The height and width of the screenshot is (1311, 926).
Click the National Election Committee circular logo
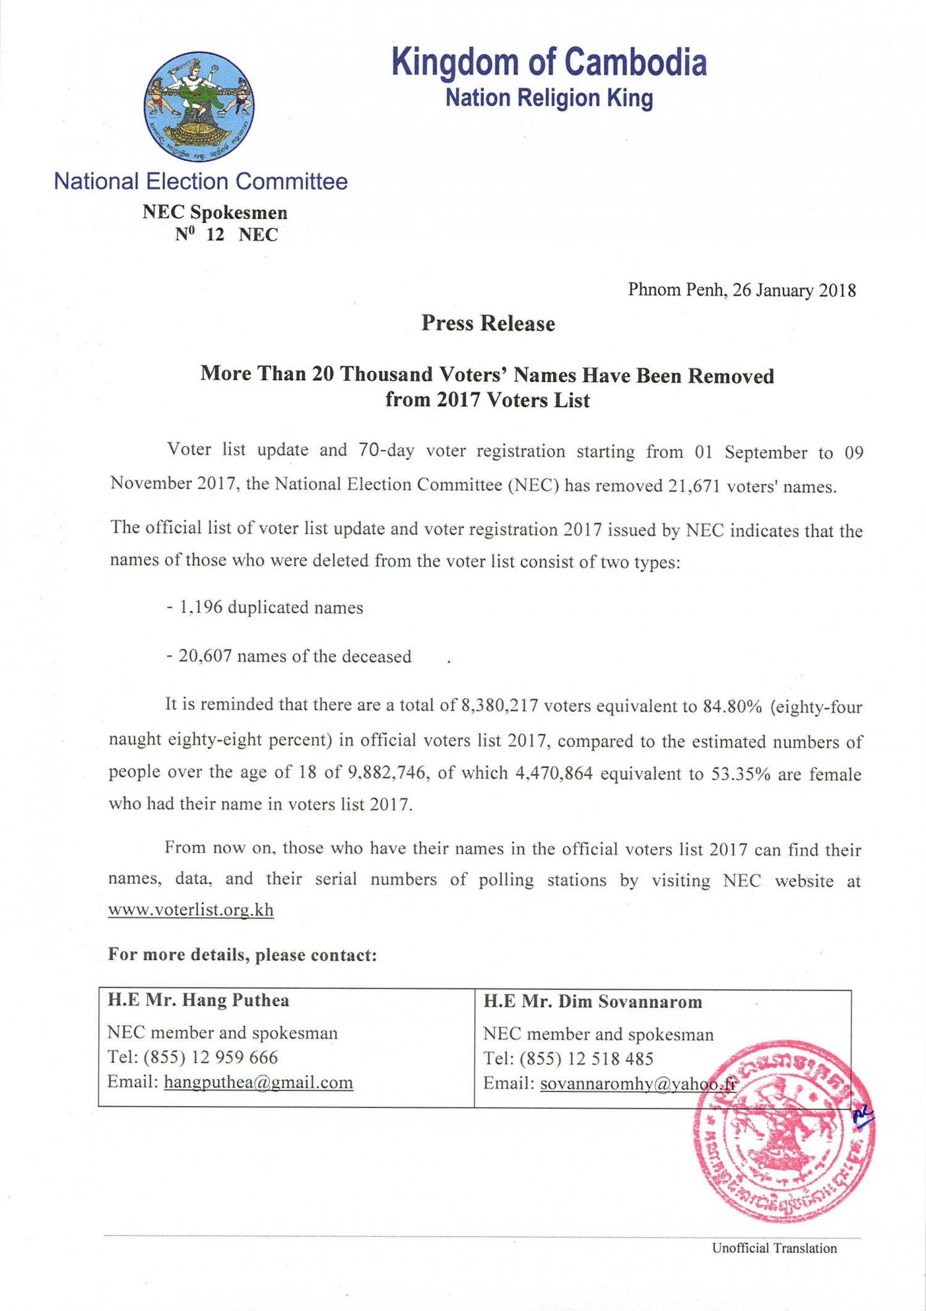(199, 107)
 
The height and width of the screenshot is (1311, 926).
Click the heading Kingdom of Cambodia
(549, 62)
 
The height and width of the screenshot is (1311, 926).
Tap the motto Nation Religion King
(549, 98)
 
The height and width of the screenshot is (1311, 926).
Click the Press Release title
(488, 323)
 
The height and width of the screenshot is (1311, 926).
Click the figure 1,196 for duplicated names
(201, 607)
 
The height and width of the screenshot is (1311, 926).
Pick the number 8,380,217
(499, 705)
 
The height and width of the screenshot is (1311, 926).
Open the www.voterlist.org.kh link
(191, 910)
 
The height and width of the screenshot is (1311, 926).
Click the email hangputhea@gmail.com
(258, 1082)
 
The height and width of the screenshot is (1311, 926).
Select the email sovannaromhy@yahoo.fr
(638, 1084)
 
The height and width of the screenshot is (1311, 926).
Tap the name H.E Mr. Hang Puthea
(198, 1000)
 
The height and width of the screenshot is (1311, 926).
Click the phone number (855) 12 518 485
(586, 1059)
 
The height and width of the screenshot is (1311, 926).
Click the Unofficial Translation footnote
(774, 1248)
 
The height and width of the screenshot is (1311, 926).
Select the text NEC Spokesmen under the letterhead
(215, 212)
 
